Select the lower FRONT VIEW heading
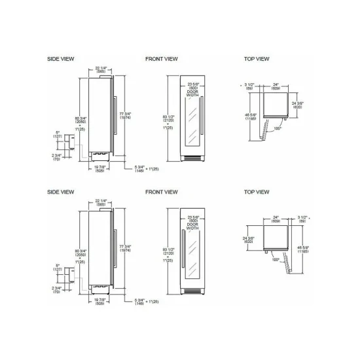161,192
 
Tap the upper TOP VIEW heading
256,59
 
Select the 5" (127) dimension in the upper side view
58,136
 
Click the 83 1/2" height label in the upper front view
169,119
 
